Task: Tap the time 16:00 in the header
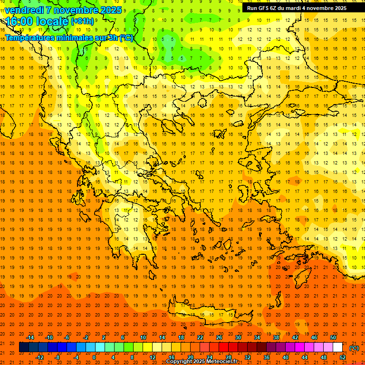[x=19, y=21]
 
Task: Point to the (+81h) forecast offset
[x=82, y=22]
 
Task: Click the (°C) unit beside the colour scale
[x=354, y=348]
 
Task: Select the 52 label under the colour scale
[x=343, y=357]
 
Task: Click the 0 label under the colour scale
[x=94, y=357]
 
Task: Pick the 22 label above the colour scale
[x=200, y=337]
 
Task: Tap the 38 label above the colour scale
[x=276, y=337]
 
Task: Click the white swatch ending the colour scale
[x=338, y=347]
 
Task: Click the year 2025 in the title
[x=111, y=10]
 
